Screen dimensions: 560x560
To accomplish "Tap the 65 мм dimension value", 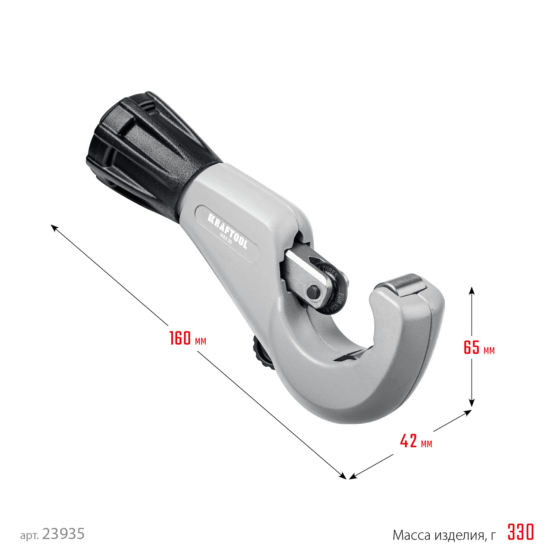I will [x=479, y=348].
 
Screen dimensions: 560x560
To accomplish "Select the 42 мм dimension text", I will [x=416, y=441].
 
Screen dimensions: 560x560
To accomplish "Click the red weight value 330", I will [x=521, y=532].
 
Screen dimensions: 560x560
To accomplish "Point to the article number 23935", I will [x=63, y=534].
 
